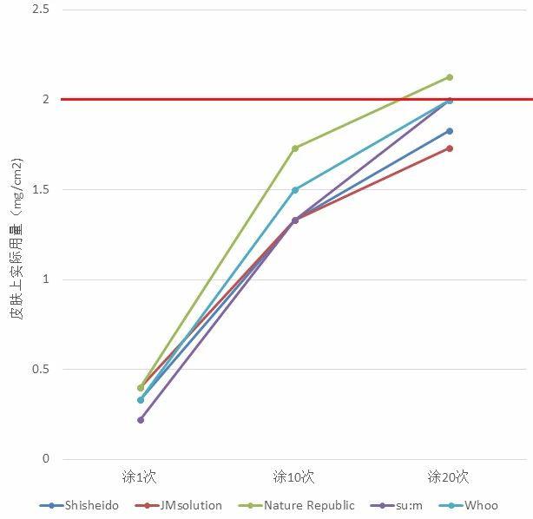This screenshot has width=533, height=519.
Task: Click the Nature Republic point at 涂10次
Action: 295,148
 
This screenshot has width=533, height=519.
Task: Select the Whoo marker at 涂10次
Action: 295,189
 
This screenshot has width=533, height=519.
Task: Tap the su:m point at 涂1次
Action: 141,419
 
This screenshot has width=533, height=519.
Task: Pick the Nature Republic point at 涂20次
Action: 450,77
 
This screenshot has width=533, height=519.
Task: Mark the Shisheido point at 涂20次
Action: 450,131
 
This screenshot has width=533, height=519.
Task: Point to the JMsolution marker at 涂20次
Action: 450,148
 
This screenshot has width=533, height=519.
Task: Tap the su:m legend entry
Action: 410,505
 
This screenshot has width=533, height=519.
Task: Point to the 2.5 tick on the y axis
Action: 41,10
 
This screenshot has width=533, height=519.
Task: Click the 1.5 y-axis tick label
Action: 41,189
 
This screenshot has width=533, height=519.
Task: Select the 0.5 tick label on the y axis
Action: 41,369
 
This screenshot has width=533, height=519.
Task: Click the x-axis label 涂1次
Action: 140,476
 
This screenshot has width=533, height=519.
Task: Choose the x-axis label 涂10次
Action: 293,476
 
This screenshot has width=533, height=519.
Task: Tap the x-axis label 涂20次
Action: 448,476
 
